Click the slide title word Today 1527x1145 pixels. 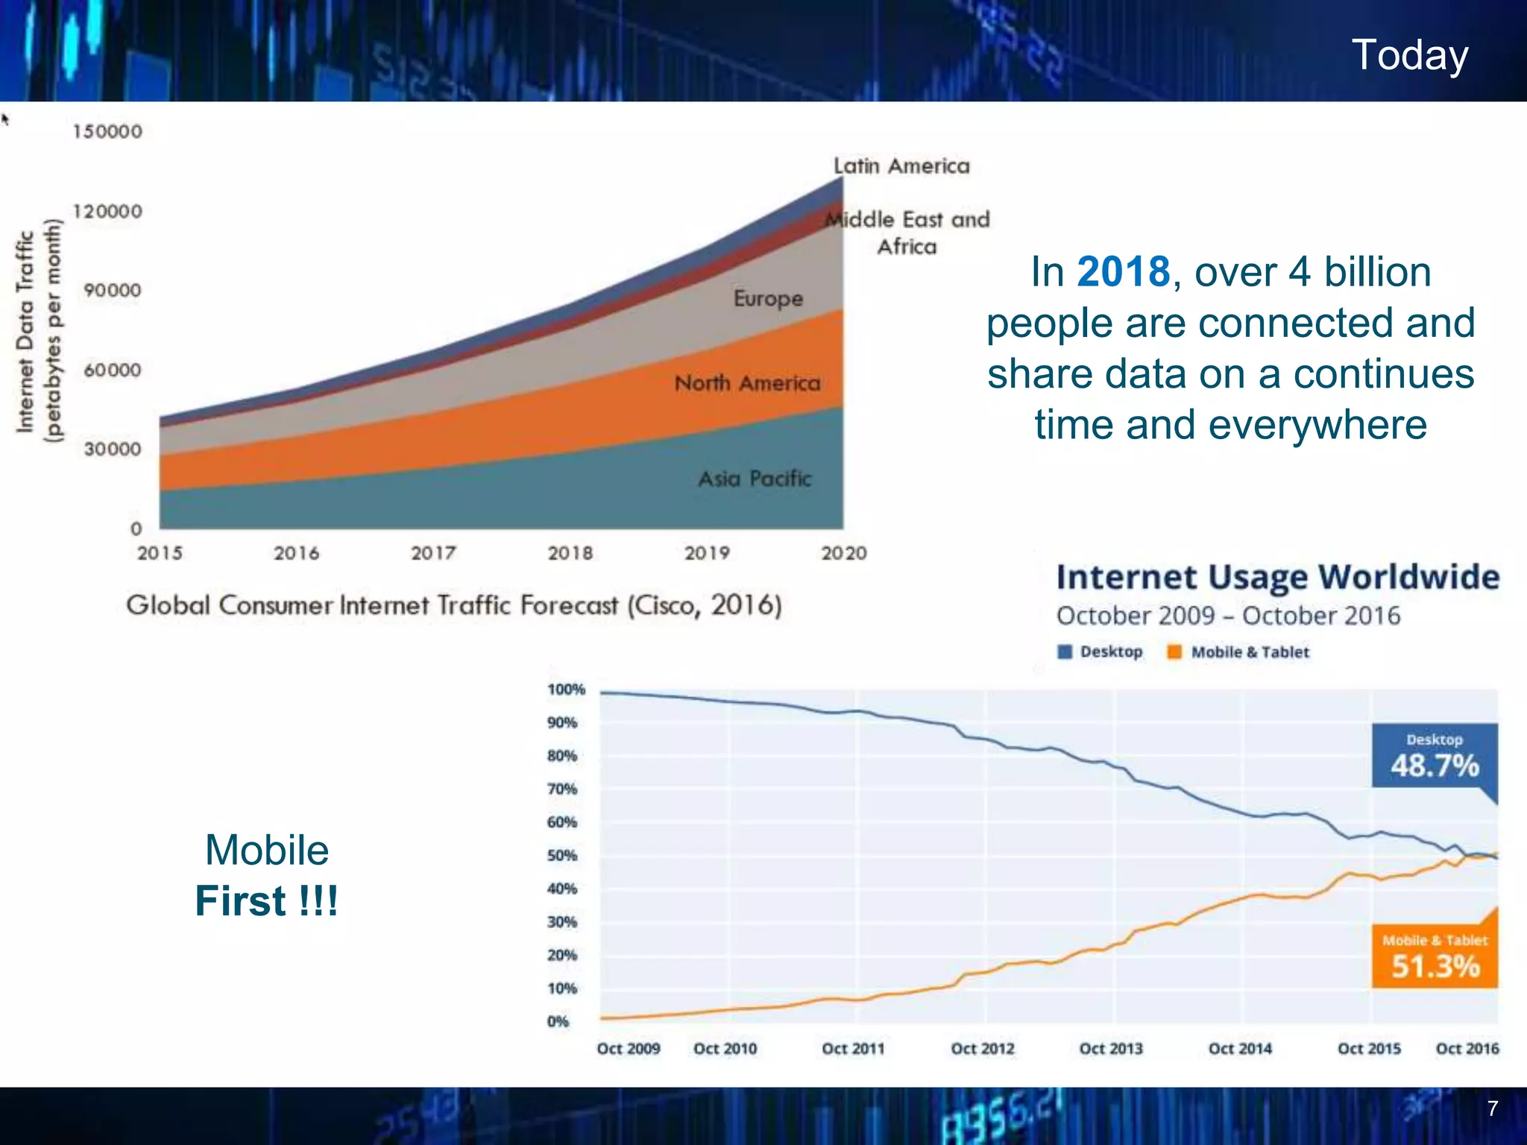tap(1409, 55)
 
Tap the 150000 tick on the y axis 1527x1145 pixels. tap(107, 132)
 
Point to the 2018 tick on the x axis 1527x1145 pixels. tap(570, 553)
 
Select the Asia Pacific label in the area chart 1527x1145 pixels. tap(754, 479)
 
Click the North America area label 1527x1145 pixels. tap(747, 383)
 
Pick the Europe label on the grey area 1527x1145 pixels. tap(768, 298)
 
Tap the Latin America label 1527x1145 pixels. tap(901, 166)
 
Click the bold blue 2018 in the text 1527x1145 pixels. tap(1123, 271)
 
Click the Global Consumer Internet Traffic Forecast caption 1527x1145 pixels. tap(453, 605)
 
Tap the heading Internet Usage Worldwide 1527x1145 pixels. tap(1277, 577)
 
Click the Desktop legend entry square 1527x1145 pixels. tap(1065, 652)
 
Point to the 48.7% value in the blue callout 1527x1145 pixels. tap(1434, 766)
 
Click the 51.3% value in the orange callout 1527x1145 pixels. tap(1435, 966)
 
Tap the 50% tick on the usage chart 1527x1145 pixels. tap(561, 856)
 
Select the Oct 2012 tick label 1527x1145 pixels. tap(982, 1049)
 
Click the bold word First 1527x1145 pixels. tap(240, 900)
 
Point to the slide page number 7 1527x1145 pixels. tap(1492, 1108)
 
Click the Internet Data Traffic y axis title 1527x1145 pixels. tap(26, 331)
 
